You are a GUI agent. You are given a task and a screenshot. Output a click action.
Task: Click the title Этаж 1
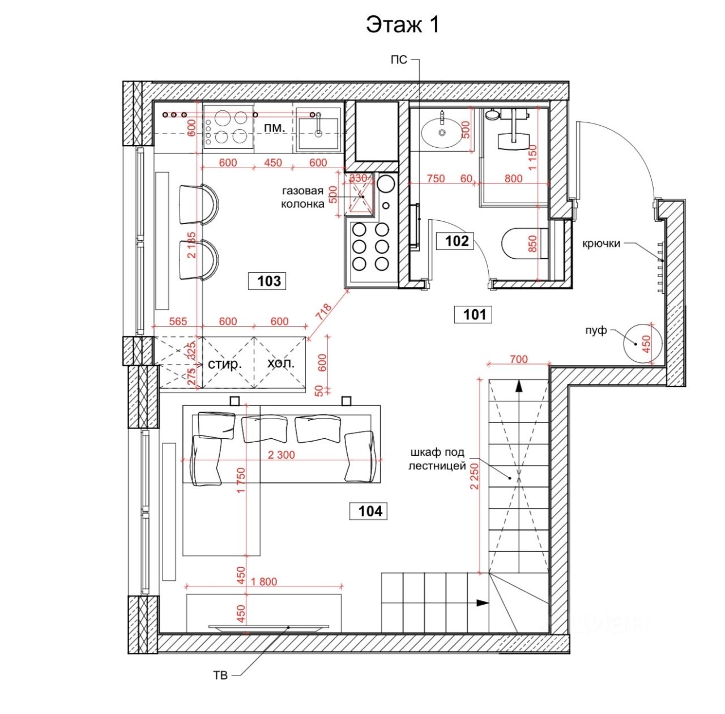pos(402,25)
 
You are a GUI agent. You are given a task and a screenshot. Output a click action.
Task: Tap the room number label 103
pos(268,281)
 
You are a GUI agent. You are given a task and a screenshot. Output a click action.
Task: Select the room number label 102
pos(457,241)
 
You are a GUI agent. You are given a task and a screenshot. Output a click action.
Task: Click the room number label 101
pos(474,314)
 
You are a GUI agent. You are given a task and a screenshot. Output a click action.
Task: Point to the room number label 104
pos(370,511)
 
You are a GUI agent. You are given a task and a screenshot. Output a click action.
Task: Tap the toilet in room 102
pos(524,243)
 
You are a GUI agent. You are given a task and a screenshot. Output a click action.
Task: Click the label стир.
pos(225,364)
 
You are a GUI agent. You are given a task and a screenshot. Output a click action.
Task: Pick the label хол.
pos(281,363)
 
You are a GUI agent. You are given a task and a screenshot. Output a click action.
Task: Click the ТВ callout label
pos(220,675)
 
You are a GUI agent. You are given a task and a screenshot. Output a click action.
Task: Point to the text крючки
pos(602,243)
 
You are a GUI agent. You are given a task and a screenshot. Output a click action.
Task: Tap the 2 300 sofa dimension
pos(282,455)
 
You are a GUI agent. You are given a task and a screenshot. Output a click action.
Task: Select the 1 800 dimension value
pos(264,582)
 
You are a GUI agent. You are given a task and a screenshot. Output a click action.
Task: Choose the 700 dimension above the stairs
pos(518,359)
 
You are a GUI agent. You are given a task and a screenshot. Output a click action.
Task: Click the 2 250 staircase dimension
pos(475,477)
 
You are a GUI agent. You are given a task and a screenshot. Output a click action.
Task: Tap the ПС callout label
pos(399,59)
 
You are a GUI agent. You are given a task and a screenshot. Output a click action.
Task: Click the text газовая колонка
pos(303,198)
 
